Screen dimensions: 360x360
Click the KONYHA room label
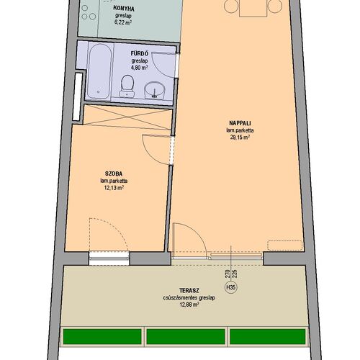[x=124, y=9]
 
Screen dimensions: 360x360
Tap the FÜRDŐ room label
[x=140, y=53]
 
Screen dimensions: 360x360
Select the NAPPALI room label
[x=240, y=123]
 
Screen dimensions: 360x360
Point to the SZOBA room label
[x=114, y=174]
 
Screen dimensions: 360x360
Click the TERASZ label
[x=189, y=291]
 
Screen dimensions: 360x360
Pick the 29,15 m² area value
[x=240, y=138]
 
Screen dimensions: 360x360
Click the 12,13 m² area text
[x=114, y=188]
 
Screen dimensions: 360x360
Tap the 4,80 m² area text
[x=139, y=68]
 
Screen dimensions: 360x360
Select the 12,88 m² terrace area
[x=189, y=305]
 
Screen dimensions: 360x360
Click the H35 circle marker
[x=230, y=287]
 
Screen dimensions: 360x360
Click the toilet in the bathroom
[x=127, y=86]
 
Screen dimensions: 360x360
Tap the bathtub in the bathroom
[x=99, y=71]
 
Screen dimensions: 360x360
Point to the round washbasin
[x=155, y=90]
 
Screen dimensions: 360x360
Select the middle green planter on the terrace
[x=186, y=336]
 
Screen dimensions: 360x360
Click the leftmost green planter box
[x=102, y=336]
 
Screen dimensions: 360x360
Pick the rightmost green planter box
[x=268, y=336]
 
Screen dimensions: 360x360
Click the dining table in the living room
[x=253, y=8]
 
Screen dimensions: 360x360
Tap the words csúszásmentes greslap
[x=189, y=298]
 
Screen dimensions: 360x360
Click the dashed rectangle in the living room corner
[x=285, y=246]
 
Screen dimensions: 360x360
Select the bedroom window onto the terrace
[x=109, y=258]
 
